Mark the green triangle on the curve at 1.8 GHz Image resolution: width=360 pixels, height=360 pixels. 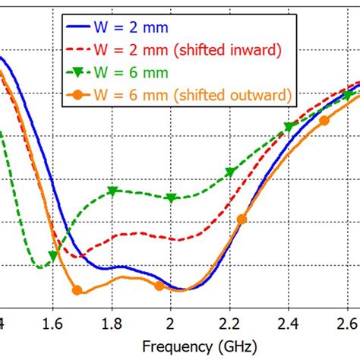(112, 191)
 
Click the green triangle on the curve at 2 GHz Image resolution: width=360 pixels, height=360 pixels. (171, 198)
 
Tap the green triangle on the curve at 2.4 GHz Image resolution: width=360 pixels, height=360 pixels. (289, 126)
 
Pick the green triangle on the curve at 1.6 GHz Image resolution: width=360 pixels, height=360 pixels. (53, 255)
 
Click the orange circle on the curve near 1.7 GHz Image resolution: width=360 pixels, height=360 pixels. (76, 289)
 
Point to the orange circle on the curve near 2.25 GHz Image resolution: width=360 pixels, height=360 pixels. (242, 219)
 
